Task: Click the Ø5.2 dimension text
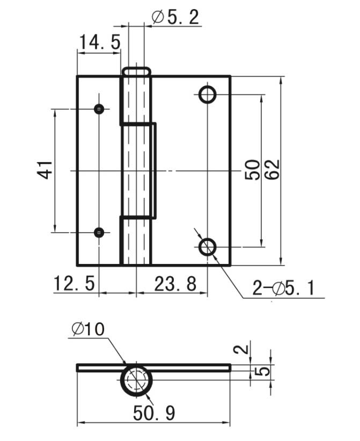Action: [x=175, y=17]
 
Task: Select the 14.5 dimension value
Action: [x=100, y=42]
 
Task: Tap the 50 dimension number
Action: [x=252, y=170]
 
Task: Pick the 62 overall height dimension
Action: [x=271, y=170]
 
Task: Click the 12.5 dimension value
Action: [x=74, y=283]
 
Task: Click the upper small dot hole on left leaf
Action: [x=99, y=109]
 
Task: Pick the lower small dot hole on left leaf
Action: [x=99, y=232]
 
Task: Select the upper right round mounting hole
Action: [x=207, y=95]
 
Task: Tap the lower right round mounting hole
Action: [x=207, y=247]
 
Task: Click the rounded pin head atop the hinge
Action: [x=136, y=71]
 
